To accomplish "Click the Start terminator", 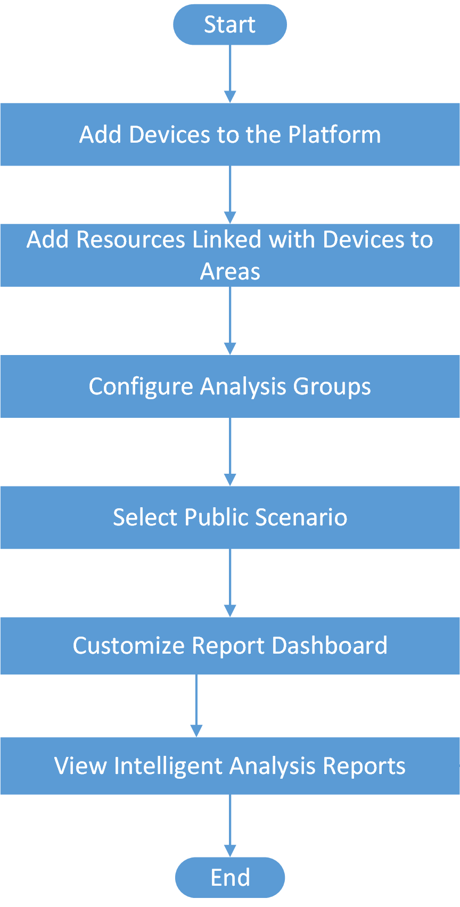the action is coord(230,24).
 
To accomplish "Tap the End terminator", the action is coord(230,877).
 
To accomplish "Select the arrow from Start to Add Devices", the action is coord(230,73).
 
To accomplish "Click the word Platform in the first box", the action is coord(334,135).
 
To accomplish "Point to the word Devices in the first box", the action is coord(170,135).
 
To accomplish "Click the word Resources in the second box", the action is coord(131,240).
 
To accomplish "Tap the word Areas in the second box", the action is coord(230,271).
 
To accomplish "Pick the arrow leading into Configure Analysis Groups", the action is coord(230,320).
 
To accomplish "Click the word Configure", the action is coord(141,386).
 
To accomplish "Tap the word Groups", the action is coord(332,386).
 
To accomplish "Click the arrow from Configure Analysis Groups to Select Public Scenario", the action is coord(230,452).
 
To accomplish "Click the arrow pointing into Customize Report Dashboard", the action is coord(230,583).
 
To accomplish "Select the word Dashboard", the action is coord(330,646).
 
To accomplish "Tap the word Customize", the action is coord(128,646).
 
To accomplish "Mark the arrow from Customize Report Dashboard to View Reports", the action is coord(196,706).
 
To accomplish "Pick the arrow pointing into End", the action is coord(230,826).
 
